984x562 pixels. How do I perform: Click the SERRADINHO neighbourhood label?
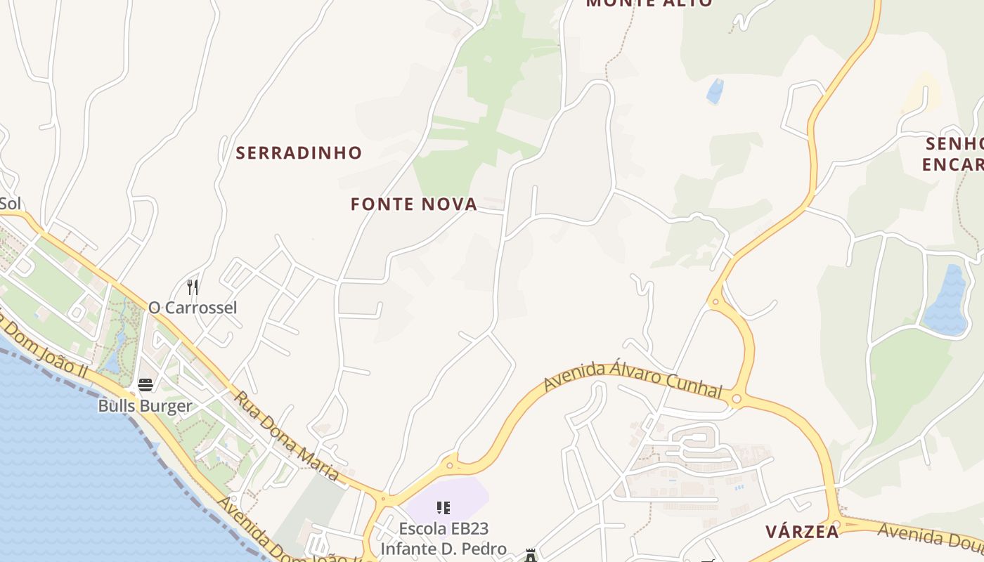coord(299,152)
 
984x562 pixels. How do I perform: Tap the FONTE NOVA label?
coord(414,204)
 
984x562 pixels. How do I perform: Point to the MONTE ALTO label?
coord(649,4)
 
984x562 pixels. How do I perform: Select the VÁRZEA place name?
coord(803,531)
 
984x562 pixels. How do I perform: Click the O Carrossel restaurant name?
coord(193,308)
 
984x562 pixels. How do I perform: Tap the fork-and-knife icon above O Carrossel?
coord(193,287)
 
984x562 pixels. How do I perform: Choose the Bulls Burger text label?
coord(145,406)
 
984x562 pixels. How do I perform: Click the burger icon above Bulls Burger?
coord(145,385)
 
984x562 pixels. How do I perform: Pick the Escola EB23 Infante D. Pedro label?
coord(443,539)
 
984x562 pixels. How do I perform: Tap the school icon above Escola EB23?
coord(443,507)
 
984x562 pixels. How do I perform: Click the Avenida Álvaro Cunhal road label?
coord(633,378)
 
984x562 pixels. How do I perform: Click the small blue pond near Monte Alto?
coord(715,91)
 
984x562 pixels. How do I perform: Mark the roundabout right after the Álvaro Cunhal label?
coord(736,399)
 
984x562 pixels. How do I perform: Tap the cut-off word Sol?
coord(10,204)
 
